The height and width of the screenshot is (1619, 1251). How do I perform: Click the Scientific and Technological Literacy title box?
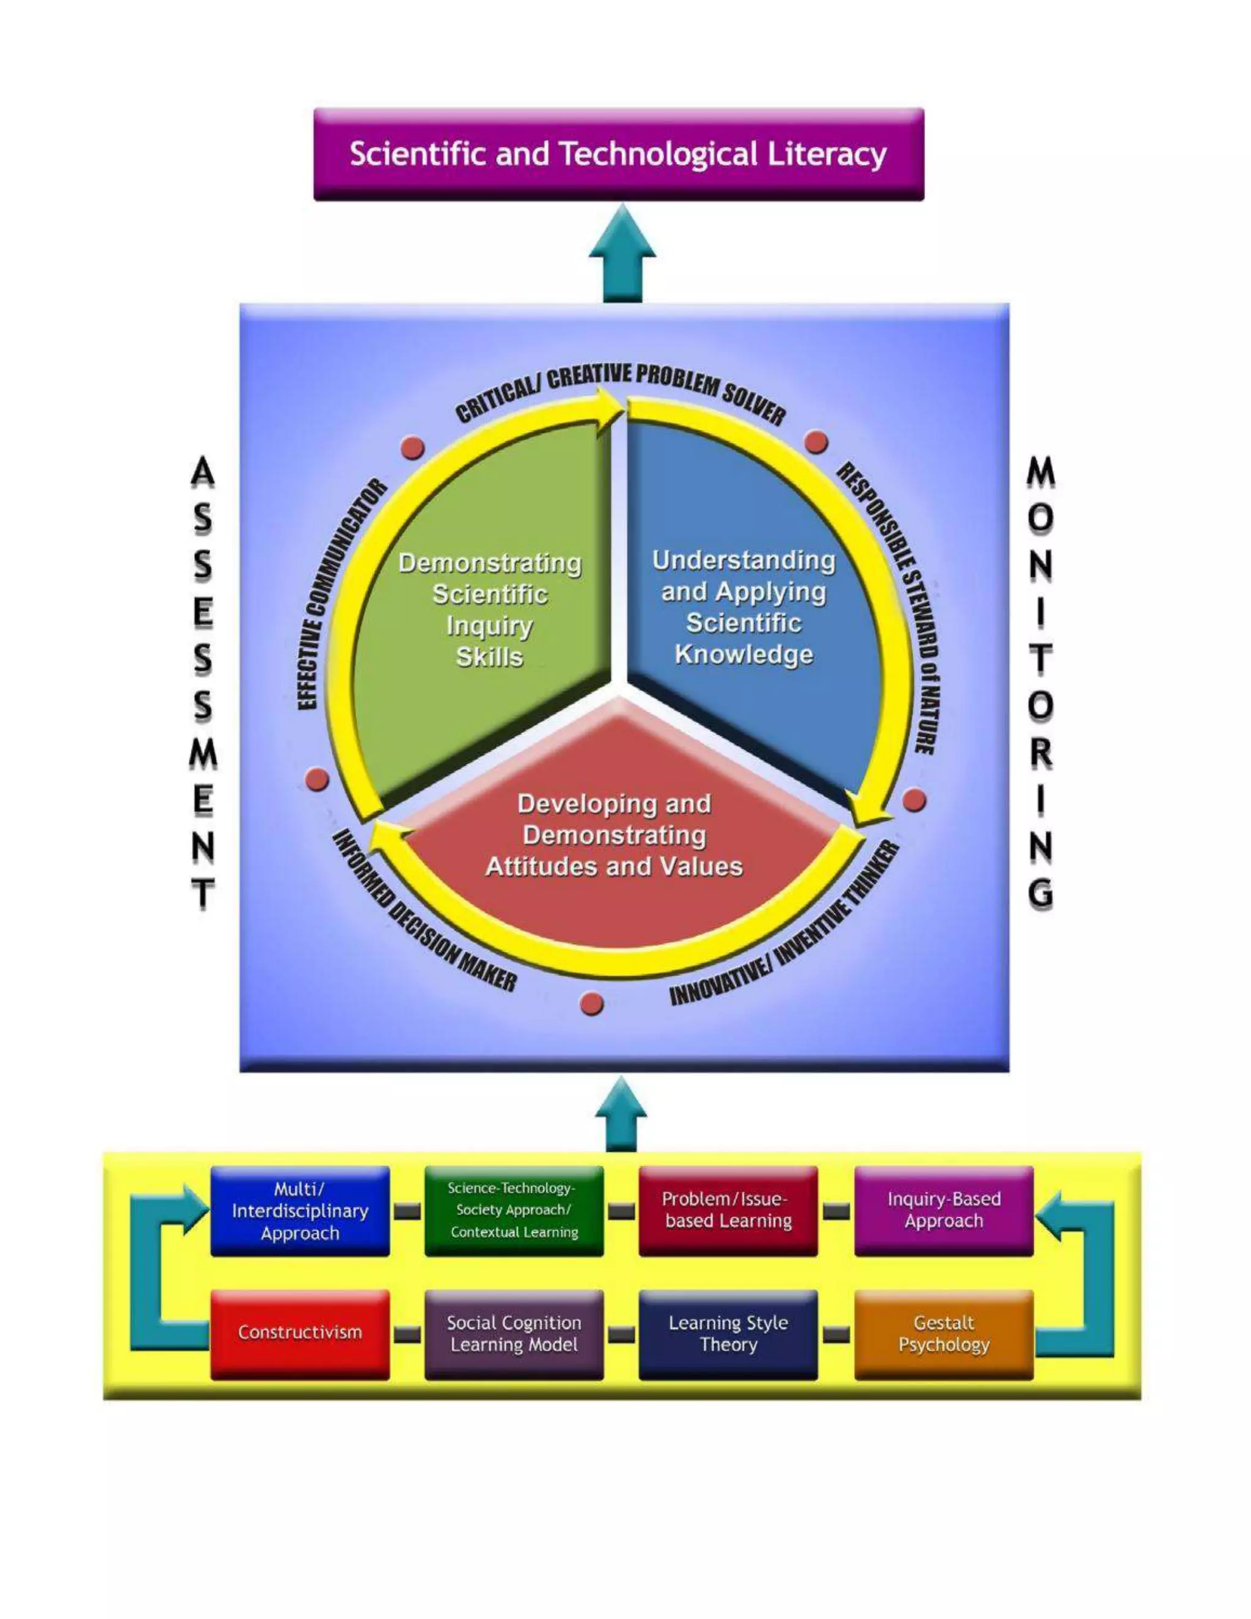point(618,154)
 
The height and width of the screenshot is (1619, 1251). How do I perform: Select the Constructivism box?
point(299,1332)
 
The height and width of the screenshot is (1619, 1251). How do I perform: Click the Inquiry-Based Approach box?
point(943,1210)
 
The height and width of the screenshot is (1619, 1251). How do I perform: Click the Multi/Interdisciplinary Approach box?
point(299,1210)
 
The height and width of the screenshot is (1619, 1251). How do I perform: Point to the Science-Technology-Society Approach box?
point(514,1210)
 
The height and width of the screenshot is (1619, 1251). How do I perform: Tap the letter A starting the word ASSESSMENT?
point(202,472)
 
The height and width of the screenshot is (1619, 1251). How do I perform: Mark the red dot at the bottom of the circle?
point(591,1004)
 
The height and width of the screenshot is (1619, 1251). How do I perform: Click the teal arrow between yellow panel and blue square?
point(621,1115)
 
